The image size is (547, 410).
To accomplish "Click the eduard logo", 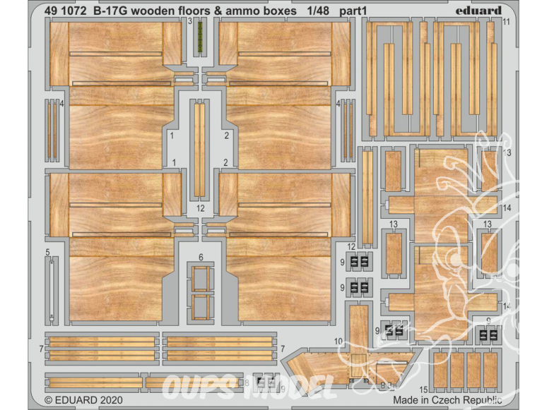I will [x=478, y=10].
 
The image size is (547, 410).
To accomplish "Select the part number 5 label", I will [x=47, y=251].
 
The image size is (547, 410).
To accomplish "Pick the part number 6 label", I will [x=201, y=257].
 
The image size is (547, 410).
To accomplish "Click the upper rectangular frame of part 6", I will [x=201, y=279].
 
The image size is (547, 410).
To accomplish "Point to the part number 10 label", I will [x=339, y=342].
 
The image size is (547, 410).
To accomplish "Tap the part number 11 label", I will [x=507, y=22].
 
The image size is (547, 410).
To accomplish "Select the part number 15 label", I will [x=422, y=390].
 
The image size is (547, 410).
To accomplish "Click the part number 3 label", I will [x=191, y=22].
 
